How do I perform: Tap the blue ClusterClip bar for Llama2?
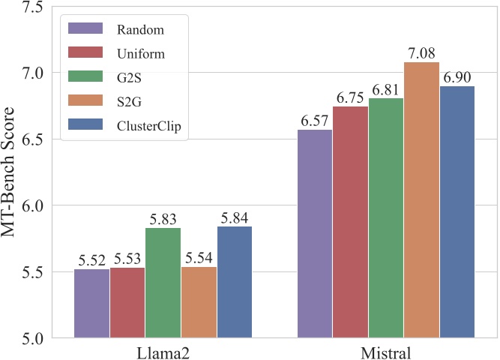point(234,282)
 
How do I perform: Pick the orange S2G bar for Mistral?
point(421,199)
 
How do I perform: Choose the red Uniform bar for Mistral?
point(350,222)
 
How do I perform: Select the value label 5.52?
point(91,261)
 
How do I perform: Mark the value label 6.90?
point(458,78)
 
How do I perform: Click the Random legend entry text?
point(140,30)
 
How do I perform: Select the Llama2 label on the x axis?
point(163,351)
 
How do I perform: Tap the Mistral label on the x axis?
point(385,351)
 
